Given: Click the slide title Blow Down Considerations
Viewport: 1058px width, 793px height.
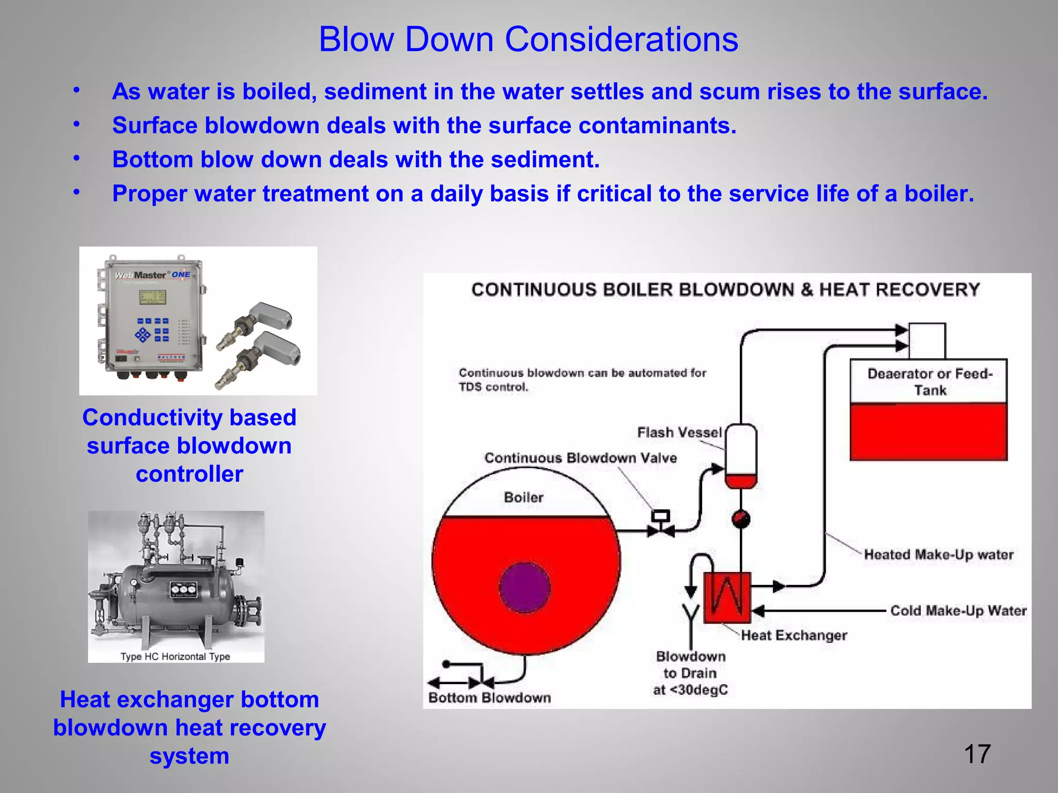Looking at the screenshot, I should [528, 39].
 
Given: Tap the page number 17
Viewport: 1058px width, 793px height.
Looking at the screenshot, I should [977, 754].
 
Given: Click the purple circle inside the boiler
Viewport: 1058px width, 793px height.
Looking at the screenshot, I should [524, 588].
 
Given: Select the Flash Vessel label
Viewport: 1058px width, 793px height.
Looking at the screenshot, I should [679, 433].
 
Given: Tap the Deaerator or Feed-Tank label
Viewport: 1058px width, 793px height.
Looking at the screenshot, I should [929, 382].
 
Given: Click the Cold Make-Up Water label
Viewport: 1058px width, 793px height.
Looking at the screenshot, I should [958, 611].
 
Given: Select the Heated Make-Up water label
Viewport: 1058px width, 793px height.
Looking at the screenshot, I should [939, 554].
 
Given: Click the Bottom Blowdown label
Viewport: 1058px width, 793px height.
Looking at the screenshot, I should [489, 698].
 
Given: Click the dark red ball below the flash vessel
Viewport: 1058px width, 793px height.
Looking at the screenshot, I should [741, 519].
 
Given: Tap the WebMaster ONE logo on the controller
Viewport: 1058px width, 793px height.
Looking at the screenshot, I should [152, 275].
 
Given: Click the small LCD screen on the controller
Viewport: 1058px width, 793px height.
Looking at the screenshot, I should [152, 297].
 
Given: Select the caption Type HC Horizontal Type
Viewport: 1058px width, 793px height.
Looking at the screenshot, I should [175, 657].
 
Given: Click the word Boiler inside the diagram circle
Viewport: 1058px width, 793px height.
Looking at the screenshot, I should [523, 498].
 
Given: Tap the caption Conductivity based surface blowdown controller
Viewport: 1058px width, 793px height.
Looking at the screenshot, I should [190, 446].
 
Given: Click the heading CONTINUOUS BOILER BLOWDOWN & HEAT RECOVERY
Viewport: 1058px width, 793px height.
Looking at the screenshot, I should [725, 290].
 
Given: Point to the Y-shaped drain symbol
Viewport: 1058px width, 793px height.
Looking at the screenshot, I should [691, 614].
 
